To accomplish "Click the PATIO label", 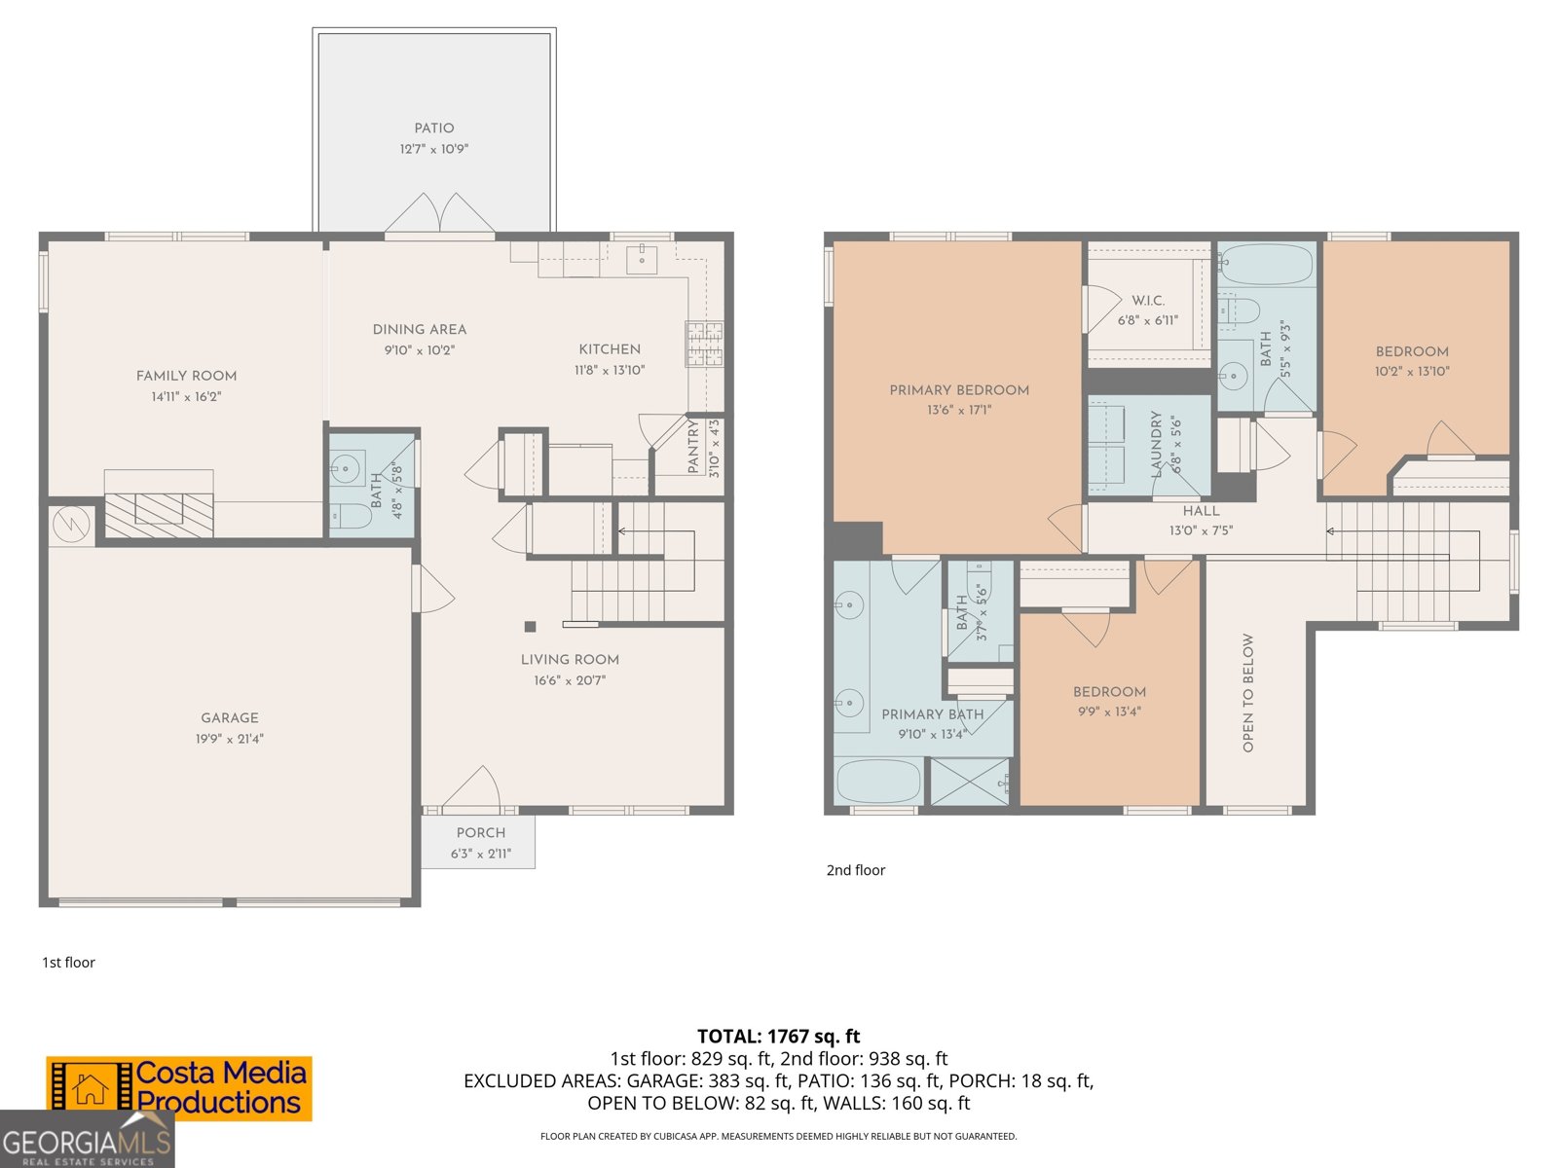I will [433, 128].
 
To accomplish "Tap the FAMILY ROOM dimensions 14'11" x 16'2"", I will [186, 397].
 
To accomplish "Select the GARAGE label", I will [230, 717].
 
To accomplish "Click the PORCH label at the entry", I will [481, 833].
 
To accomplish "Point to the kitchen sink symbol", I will [642, 260].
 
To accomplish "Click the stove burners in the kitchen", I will [704, 344].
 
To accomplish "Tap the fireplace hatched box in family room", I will [159, 515].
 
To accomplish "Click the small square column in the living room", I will [530, 627].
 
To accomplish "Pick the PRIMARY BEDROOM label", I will [959, 390].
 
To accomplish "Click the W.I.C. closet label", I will [1148, 301].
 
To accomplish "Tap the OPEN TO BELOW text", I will [1248, 693].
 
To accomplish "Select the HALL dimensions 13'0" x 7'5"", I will [1201, 531].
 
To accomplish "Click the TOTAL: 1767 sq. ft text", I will [778, 1037].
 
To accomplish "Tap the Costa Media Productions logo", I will [179, 1088].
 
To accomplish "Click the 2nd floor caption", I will [855, 870].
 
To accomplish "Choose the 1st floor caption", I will [68, 963].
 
